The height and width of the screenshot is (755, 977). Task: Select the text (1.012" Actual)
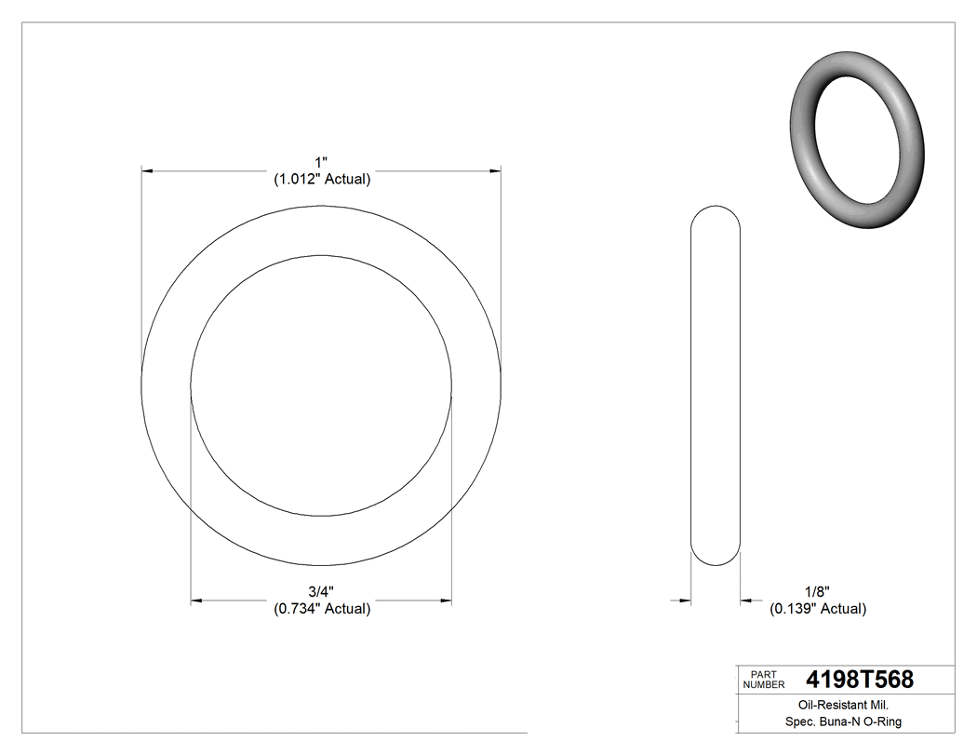322,180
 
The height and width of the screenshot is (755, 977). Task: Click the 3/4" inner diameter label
321,592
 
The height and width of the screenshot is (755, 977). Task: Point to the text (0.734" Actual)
322,609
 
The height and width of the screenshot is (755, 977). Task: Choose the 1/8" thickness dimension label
816,592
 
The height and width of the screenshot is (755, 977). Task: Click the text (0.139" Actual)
817,609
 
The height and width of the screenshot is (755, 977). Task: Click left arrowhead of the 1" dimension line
146,171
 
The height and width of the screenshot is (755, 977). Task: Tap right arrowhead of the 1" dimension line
495,171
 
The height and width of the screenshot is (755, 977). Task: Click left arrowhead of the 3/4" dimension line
196,601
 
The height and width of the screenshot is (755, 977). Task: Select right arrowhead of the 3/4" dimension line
447,601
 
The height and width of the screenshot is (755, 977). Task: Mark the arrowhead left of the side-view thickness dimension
686,601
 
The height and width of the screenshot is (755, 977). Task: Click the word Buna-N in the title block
847,721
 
